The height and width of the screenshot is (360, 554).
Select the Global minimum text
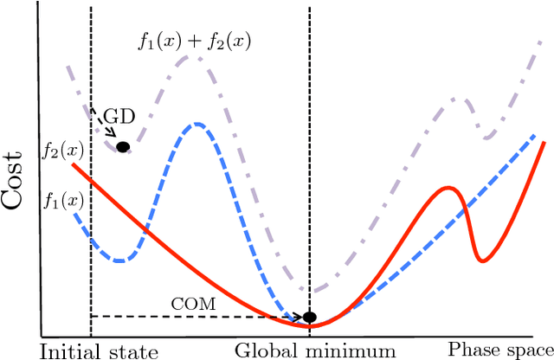tap(315, 350)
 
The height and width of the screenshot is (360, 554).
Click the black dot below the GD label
tap(123, 147)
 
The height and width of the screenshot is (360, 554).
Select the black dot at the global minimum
tap(309, 318)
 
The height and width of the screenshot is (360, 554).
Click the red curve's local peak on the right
tap(448, 187)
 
